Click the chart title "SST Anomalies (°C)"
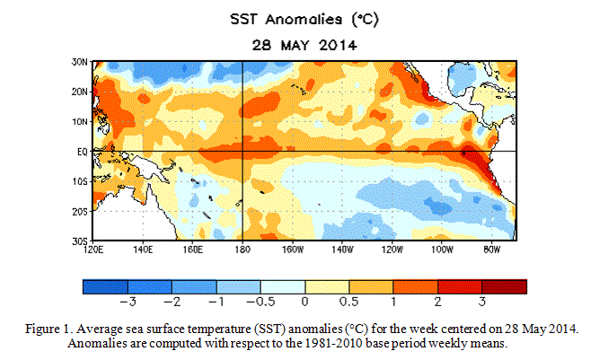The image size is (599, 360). coord(298,19)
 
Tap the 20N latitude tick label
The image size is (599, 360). coord(77,92)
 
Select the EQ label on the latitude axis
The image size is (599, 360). coord(79,152)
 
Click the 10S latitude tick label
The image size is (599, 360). coord(77,182)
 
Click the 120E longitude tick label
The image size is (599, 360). coord(87,250)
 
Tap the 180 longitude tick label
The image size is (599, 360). coord(243,250)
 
